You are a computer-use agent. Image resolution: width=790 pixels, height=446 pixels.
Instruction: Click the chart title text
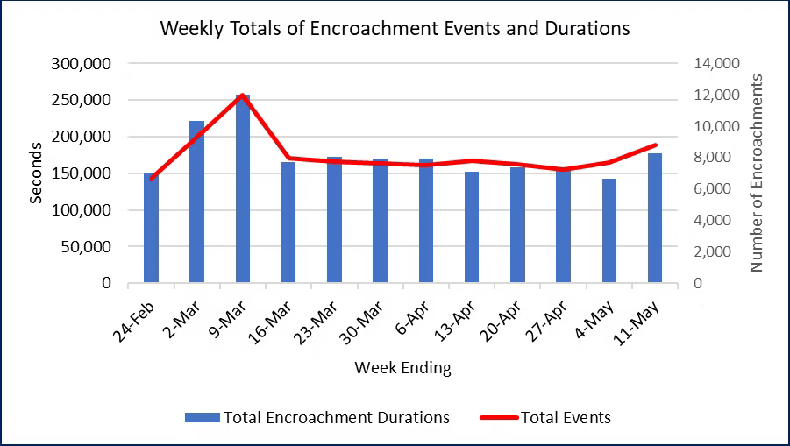point(395,28)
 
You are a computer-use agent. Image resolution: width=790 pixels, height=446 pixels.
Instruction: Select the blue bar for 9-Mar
point(243,188)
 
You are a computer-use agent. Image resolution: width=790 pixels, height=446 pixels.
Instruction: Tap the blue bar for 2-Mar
point(197,202)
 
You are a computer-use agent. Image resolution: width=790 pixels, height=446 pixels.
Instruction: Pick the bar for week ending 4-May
point(609,230)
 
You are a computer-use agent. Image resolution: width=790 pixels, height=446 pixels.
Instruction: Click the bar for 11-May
point(654,218)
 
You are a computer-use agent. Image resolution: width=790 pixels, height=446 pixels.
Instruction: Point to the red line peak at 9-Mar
point(243,95)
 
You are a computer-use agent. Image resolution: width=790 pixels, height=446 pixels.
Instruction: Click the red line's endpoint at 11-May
point(654,145)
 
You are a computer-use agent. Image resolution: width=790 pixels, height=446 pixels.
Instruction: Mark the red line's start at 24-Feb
point(152,179)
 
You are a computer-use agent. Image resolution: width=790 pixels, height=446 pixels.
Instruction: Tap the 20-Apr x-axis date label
point(509,323)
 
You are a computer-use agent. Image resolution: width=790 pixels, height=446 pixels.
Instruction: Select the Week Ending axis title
point(402,368)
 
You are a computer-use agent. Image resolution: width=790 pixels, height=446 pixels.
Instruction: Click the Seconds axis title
point(36,173)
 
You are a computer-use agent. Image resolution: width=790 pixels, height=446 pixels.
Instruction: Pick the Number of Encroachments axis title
point(758,173)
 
